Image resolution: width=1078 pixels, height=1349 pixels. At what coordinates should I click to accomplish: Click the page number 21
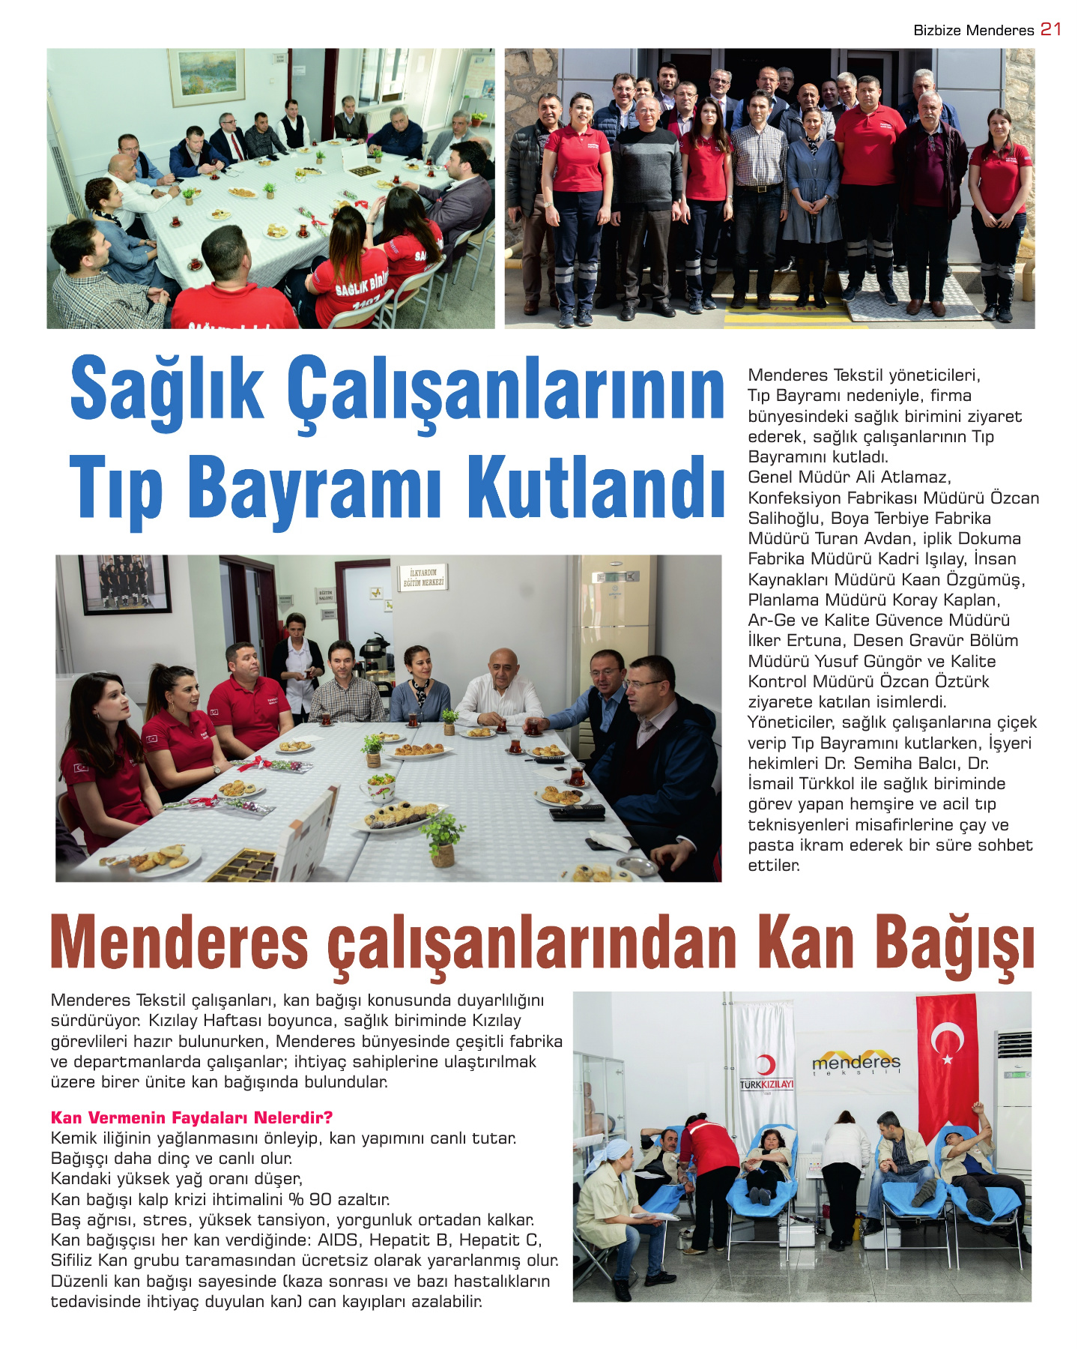click(1051, 29)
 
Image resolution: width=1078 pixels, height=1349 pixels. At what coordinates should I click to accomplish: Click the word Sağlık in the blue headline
click(166, 390)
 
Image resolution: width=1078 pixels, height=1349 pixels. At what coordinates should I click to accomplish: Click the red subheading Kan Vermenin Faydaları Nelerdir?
click(192, 1117)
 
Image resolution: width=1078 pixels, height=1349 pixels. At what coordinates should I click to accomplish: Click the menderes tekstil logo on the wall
click(856, 1063)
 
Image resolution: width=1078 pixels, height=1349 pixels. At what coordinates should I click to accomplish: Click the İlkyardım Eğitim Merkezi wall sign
click(423, 578)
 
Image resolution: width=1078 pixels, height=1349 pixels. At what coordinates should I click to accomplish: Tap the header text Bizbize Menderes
click(973, 30)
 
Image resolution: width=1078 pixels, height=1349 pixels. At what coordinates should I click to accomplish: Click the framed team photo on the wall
click(125, 583)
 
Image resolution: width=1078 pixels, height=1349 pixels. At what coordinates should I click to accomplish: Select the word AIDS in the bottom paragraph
click(340, 1240)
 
